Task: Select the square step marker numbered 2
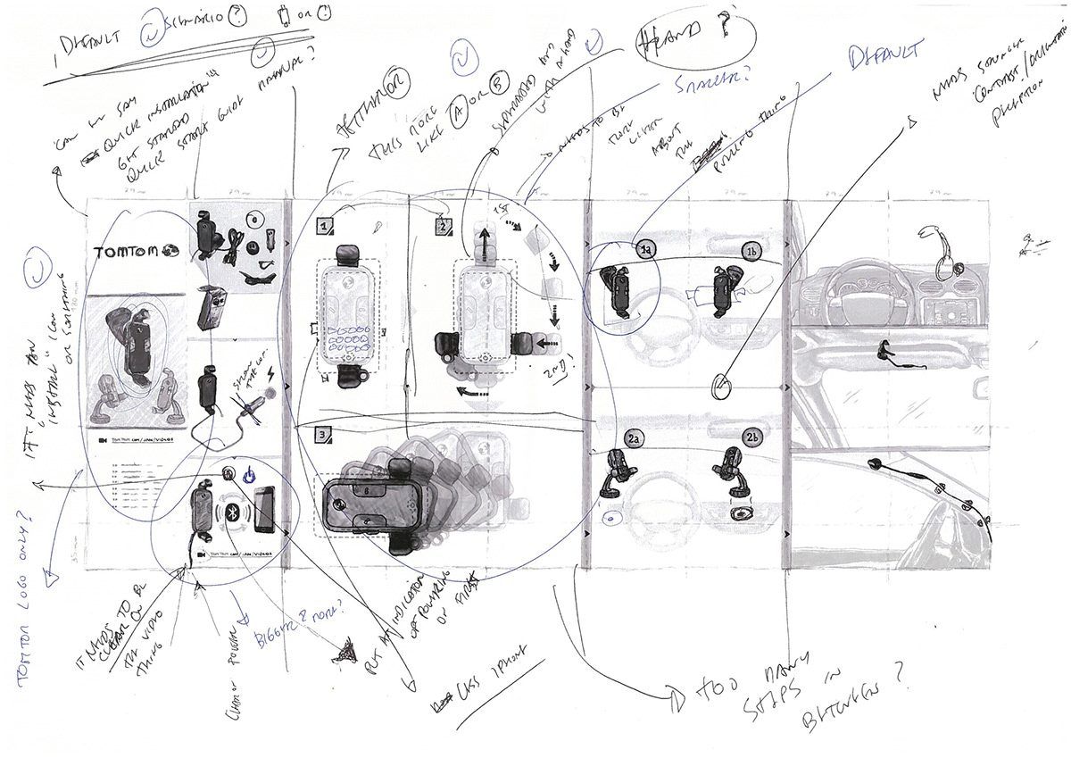click(x=443, y=226)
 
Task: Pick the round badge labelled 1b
click(x=752, y=253)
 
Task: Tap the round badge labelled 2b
click(x=752, y=437)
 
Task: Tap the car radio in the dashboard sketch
click(x=944, y=313)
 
